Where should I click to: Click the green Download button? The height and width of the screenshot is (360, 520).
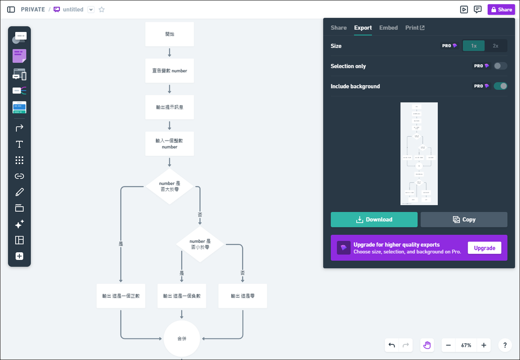pos(374,219)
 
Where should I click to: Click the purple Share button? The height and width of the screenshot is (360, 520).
pos(501,10)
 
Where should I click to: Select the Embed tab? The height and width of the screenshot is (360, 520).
pos(388,28)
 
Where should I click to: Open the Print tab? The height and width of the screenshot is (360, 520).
pos(415,28)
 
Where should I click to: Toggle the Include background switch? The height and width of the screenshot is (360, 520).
pos(500,86)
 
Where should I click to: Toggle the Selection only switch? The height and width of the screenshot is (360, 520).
pos(500,66)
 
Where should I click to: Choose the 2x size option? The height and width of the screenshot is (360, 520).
pos(496,46)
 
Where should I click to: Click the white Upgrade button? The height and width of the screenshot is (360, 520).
pos(484,248)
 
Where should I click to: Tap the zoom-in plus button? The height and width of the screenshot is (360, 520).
pos(483,345)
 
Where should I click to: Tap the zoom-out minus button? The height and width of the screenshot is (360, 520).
pos(448,345)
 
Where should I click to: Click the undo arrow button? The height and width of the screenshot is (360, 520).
pos(392,345)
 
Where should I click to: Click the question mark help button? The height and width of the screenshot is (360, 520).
pos(505,345)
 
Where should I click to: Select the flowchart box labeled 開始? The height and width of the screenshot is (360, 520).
pos(170,34)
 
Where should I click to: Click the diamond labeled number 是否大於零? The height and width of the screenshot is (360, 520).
pos(170,186)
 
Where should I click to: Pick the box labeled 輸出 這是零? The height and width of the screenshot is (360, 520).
pos(243,296)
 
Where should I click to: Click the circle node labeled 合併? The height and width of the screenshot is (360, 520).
pos(182,338)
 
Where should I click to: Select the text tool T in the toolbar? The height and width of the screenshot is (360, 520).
pos(19,144)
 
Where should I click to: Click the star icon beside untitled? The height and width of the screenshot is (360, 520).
pos(102,10)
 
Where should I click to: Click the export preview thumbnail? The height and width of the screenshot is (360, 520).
pos(419,154)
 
